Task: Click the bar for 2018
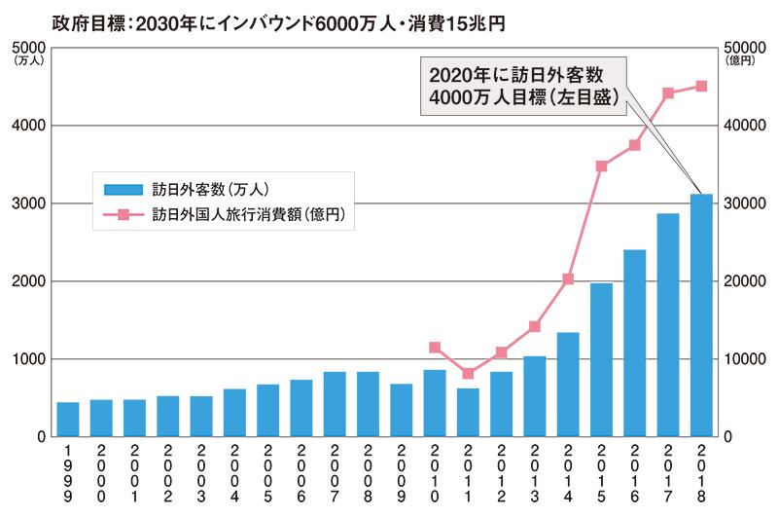(x=701, y=315)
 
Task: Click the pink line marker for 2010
(x=435, y=348)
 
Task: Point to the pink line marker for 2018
(x=701, y=87)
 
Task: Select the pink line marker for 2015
(x=601, y=166)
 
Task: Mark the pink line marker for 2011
(x=468, y=374)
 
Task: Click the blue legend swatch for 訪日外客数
(x=122, y=188)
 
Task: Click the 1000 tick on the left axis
(x=23, y=359)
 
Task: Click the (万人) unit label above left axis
(x=23, y=61)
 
